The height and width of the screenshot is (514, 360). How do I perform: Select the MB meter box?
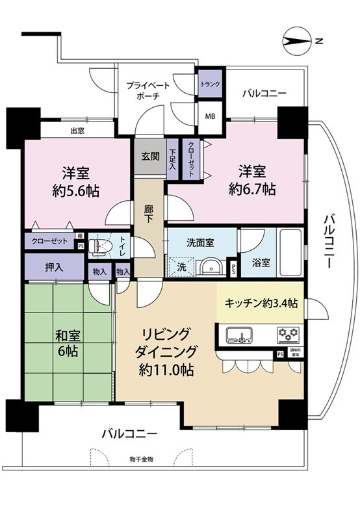point(211,117)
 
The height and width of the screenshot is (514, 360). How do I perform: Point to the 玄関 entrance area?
point(149,157)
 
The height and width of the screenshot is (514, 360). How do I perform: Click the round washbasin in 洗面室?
point(209,267)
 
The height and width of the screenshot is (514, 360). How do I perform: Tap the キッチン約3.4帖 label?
point(261,303)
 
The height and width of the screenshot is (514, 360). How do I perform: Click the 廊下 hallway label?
point(149,215)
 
